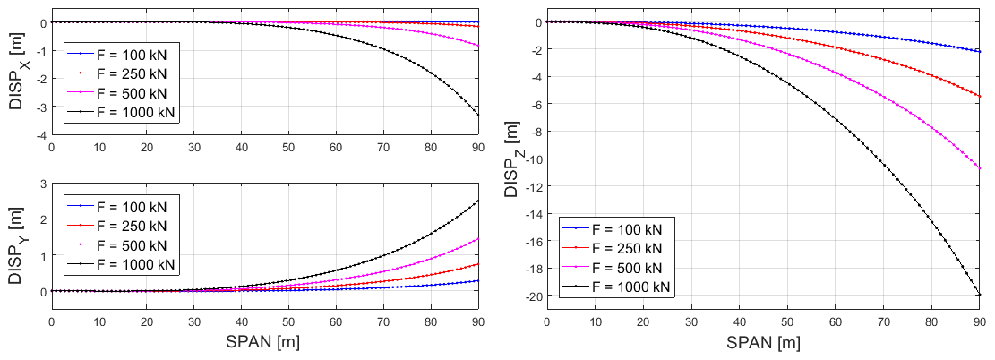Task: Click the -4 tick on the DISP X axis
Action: coord(40,135)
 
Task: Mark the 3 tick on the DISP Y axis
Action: coord(42,184)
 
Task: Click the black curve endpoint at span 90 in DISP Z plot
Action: coord(979,295)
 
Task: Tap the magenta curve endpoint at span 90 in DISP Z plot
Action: coord(979,167)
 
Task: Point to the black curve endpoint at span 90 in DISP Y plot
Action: coord(478,201)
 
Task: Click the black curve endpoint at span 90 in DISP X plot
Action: coord(478,115)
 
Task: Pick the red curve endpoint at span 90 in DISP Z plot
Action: coord(979,96)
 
